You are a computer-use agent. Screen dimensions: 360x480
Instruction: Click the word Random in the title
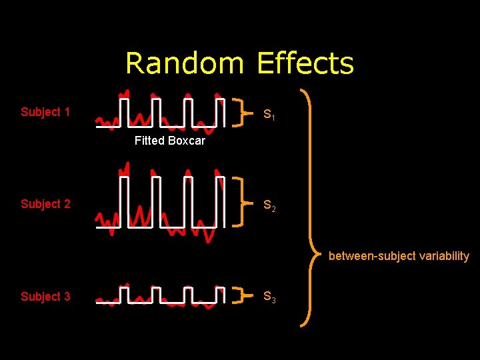coord(184,63)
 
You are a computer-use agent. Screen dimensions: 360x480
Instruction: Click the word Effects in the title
coord(305,63)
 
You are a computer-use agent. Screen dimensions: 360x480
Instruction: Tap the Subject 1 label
coord(45,112)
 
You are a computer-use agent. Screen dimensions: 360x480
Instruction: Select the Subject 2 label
coord(45,204)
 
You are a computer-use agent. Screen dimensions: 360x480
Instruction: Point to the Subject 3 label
coord(45,297)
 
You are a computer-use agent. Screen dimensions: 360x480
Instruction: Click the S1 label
coord(269,115)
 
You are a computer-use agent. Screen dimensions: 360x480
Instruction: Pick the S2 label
coord(269,207)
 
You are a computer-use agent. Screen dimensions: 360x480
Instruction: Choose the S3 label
coord(269,297)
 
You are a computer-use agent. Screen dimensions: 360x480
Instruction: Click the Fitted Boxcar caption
coord(169,141)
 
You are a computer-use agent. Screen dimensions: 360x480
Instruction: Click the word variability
coord(443,256)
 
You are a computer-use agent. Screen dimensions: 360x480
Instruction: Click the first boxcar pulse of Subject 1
coord(123,112)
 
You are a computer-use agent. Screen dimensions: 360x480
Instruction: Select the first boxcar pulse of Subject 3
coord(123,294)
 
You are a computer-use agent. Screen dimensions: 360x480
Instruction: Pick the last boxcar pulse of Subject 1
coord(219,112)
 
